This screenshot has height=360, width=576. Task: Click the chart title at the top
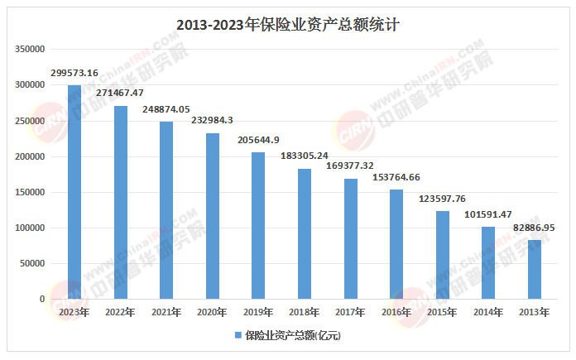[x=287, y=24]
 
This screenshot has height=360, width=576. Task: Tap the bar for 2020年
[x=213, y=216]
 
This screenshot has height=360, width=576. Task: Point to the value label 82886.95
[x=535, y=227]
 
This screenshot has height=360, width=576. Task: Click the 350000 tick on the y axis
[x=29, y=50]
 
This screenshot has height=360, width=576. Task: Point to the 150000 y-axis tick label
[x=29, y=192]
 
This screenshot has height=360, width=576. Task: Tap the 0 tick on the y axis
[x=41, y=299]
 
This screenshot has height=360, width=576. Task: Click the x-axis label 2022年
[x=120, y=312]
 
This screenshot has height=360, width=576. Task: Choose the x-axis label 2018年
[x=305, y=312]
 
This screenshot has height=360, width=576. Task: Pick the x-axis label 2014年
[x=488, y=312]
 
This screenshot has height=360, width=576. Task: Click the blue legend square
[x=237, y=335]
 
